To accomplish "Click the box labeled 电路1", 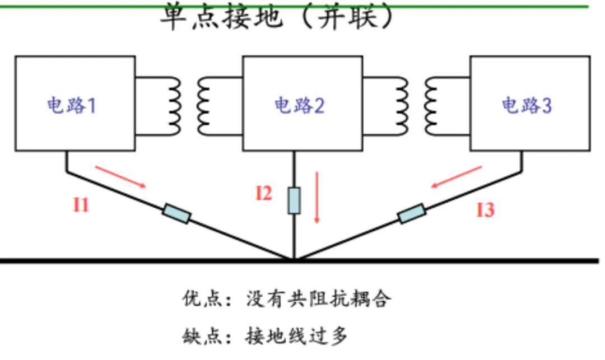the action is (75, 104).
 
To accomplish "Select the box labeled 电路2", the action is (302, 104).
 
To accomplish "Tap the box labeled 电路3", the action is (530, 104).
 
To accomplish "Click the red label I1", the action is (81, 205).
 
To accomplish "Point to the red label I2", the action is (264, 193).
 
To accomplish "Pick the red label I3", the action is (485, 210).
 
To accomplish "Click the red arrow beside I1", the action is (120, 177).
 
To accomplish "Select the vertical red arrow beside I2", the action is (317, 197).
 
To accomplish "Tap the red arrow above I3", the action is (457, 177).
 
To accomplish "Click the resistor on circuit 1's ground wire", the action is (176, 213).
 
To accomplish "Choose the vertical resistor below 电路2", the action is (294, 200).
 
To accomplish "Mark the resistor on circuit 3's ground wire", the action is (412, 213).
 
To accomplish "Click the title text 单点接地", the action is (221, 17).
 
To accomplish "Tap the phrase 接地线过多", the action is (296, 336).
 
